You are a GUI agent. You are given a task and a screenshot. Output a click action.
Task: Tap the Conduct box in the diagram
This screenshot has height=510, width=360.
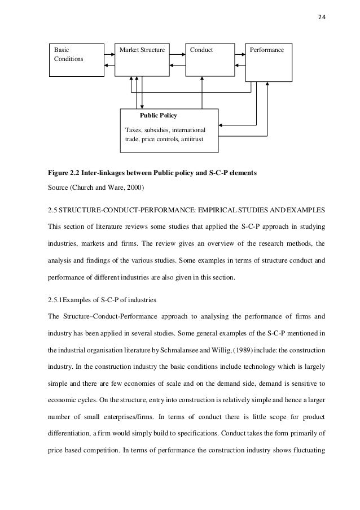[x=209, y=59]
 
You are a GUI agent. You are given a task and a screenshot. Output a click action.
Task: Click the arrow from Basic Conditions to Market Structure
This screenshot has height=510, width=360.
[x=109, y=54]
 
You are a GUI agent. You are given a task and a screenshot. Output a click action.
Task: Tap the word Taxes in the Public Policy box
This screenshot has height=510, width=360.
[x=133, y=130]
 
